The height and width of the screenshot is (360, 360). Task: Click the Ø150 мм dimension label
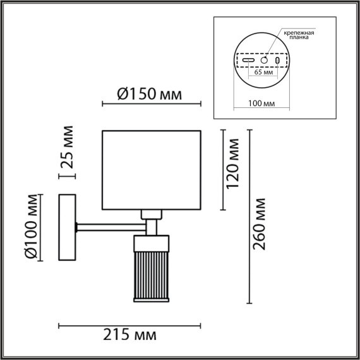pos(150,94)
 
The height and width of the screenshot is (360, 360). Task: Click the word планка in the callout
pos(299,38)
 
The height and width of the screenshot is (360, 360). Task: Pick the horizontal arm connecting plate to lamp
pos(111,224)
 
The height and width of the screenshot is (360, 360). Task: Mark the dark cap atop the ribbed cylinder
pos(152,241)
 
